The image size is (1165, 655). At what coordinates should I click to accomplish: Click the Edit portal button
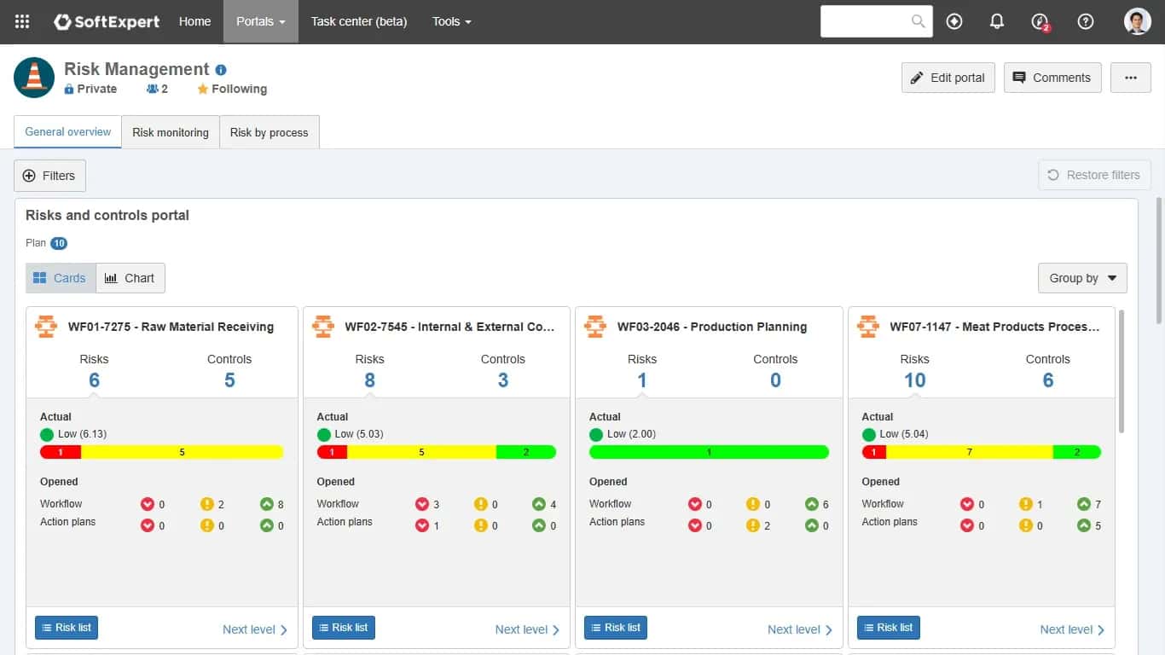point(948,78)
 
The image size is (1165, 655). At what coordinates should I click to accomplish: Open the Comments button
point(1052,78)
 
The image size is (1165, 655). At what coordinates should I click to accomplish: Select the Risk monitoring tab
point(170,132)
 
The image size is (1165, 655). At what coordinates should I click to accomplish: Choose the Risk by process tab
point(269,132)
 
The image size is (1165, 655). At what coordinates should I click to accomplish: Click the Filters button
point(50,176)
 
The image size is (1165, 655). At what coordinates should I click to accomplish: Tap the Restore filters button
point(1094,175)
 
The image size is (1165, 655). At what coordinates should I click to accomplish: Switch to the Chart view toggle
point(130,278)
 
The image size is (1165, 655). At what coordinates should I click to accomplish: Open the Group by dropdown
point(1082,278)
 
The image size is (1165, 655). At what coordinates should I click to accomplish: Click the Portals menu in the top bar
point(261,21)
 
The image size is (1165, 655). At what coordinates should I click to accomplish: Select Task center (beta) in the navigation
point(359,21)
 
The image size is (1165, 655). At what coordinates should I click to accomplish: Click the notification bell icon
point(996,21)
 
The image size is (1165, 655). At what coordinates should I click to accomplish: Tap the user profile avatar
point(1137,21)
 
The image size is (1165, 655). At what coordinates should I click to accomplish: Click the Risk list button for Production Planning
point(615,628)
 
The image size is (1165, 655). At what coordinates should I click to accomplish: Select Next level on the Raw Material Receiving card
point(255,629)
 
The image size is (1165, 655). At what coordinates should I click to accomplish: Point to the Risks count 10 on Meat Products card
point(914,380)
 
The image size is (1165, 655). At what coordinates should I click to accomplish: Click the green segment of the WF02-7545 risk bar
point(526,452)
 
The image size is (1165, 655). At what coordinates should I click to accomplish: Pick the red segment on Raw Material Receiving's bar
point(61,452)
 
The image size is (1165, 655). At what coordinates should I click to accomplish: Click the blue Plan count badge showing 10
point(59,243)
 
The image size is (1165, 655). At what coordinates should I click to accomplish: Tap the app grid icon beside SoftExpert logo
point(22,21)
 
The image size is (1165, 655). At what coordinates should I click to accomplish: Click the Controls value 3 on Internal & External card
point(503,380)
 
